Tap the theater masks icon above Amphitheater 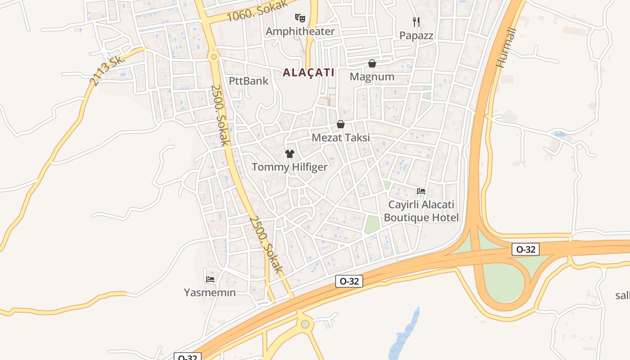coord(300,18)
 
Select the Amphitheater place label coord(300,31)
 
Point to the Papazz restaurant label coord(416,35)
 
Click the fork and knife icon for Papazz coord(416,22)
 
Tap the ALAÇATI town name coord(309,72)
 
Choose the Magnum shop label coord(372,76)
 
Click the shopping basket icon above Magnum coord(372,63)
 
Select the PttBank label coord(248,81)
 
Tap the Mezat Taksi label coord(341,137)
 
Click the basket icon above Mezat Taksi coord(341,124)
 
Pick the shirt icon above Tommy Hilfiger coord(290,154)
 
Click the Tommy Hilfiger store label coord(290,167)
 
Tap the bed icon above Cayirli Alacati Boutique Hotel coord(421,191)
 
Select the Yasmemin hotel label coord(210,292)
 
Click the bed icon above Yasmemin coord(210,279)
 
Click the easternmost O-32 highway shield coord(525,249)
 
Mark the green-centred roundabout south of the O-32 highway coord(306,324)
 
